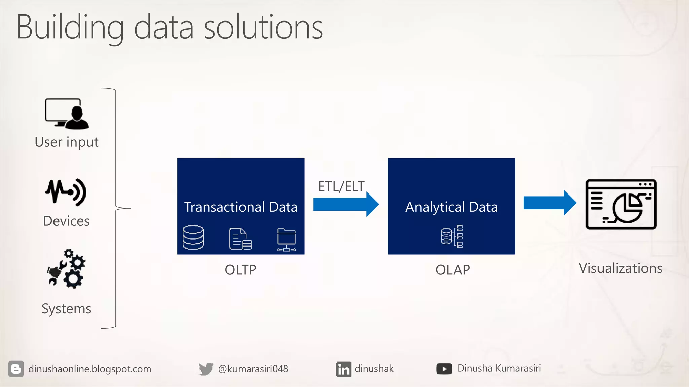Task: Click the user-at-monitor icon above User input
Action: (67, 114)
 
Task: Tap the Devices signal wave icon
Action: (66, 192)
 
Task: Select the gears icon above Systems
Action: (67, 268)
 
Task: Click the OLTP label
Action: (241, 270)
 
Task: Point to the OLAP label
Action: (452, 270)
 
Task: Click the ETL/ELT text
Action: (341, 186)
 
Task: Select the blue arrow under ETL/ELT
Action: (346, 204)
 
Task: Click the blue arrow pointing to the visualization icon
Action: (550, 203)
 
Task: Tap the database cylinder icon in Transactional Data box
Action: (193, 238)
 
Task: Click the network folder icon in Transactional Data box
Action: (286, 240)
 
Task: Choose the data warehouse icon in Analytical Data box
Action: (452, 236)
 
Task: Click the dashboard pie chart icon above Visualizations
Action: (621, 204)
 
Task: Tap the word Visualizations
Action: (620, 268)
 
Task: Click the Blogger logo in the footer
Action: (16, 369)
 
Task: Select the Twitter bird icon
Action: (206, 369)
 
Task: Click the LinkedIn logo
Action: (343, 369)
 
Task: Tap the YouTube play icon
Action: (444, 369)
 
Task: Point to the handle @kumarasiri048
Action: (253, 369)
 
